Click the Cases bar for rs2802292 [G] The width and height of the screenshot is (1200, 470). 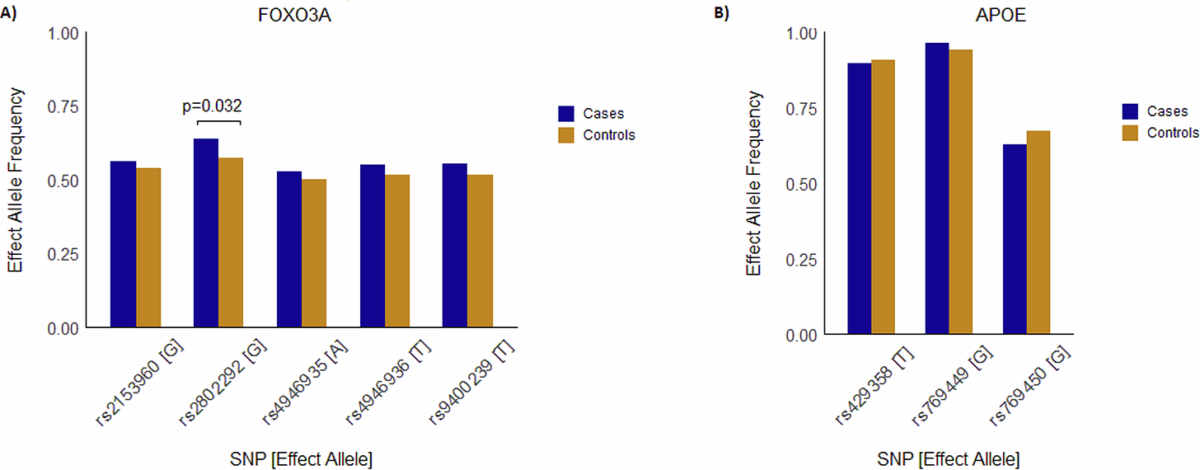tap(206, 233)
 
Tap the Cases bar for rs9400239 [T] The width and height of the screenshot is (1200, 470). tap(454, 246)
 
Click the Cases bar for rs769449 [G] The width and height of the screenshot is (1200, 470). tap(937, 189)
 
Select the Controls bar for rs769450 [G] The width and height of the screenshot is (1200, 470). tap(1038, 233)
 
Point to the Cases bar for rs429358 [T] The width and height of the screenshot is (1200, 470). tap(860, 199)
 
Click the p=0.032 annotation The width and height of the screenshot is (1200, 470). tap(212, 106)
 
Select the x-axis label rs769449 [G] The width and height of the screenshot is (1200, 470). tap(952, 386)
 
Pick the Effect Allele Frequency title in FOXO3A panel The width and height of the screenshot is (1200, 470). tap(16, 181)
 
